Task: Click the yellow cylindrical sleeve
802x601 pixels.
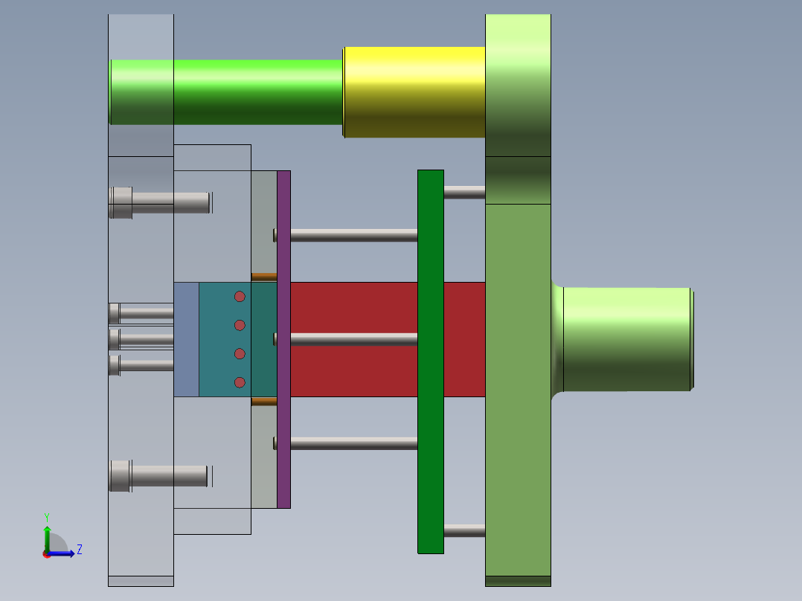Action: click(414, 92)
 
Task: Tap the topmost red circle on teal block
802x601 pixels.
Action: click(240, 297)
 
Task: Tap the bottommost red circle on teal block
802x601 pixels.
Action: click(240, 382)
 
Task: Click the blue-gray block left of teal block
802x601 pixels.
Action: click(186, 339)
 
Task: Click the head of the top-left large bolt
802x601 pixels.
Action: click(121, 202)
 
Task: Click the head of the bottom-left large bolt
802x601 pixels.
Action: click(120, 476)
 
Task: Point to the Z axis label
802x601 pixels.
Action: click(79, 550)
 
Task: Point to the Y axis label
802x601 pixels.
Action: click(46, 516)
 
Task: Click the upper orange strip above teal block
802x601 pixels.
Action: click(263, 277)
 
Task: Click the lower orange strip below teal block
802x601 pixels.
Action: click(263, 402)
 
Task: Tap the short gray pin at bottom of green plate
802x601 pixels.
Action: click(464, 530)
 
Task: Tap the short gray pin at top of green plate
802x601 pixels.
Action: click(464, 192)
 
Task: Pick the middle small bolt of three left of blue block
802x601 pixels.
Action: click(141, 339)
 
